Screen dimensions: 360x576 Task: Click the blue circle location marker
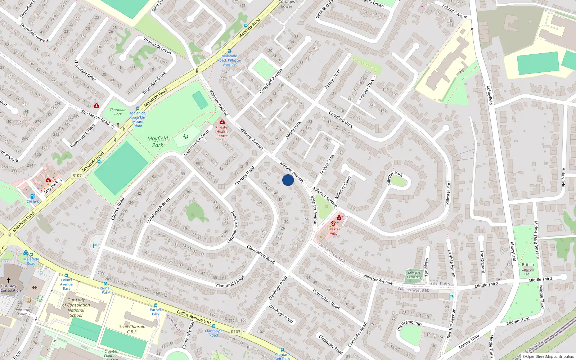click(288, 180)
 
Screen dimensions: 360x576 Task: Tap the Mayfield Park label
click(158, 142)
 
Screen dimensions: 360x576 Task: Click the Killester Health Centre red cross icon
click(222, 122)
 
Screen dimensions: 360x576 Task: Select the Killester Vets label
click(333, 231)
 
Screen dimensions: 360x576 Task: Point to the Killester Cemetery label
click(414, 275)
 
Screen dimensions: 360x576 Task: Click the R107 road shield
click(77, 176)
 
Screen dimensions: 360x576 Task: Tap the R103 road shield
click(236, 332)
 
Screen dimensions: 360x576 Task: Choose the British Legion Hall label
click(528, 269)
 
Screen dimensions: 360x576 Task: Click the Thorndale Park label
click(118, 112)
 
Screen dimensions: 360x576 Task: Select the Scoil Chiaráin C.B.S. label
click(132, 329)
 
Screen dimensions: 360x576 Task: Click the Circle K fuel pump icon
click(32, 197)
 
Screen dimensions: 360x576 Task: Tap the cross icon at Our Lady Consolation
click(9, 280)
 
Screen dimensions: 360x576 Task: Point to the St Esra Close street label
click(327, 164)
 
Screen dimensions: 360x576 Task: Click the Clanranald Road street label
click(230, 282)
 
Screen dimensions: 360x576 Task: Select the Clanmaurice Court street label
click(197, 143)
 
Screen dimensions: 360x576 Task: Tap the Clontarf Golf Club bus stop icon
click(282, 350)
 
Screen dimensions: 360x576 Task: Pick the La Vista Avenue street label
click(451, 264)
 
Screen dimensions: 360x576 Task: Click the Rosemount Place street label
click(82, 136)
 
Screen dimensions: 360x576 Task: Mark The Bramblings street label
click(409, 325)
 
